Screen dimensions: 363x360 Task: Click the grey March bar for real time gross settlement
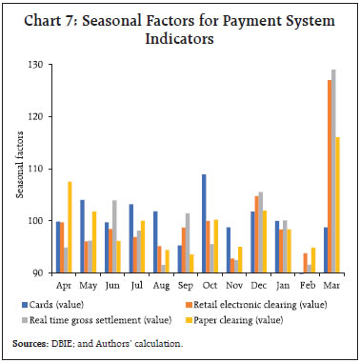click(x=332, y=171)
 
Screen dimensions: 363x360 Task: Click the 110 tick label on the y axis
click(x=34, y=169)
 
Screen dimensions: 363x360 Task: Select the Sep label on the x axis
click(x=186, y=284)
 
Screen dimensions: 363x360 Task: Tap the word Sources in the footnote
click(x=29, y=342)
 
